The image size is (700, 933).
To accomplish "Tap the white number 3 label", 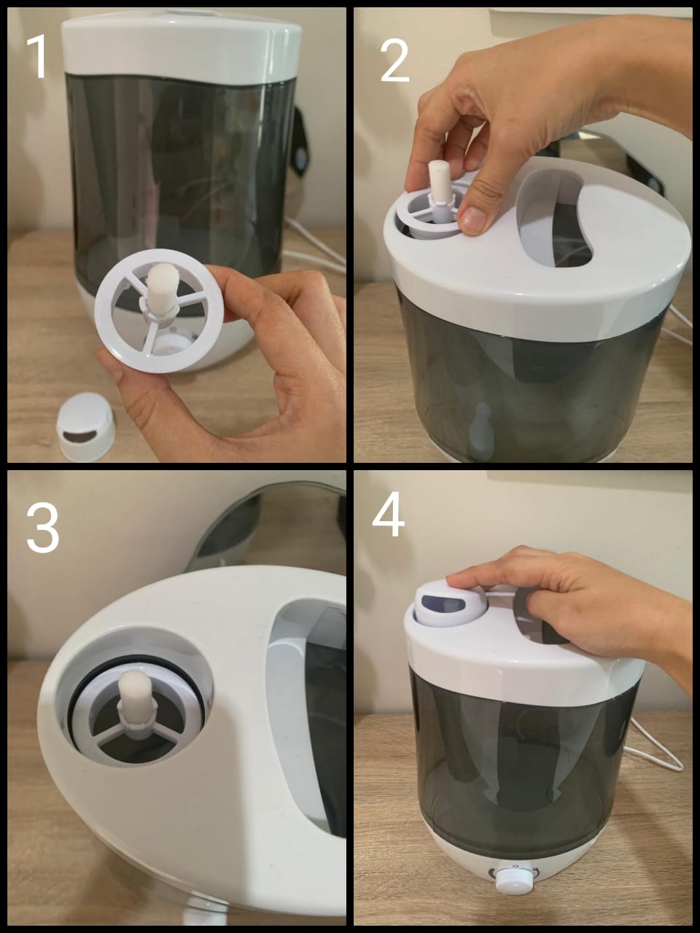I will pos(42,528).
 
